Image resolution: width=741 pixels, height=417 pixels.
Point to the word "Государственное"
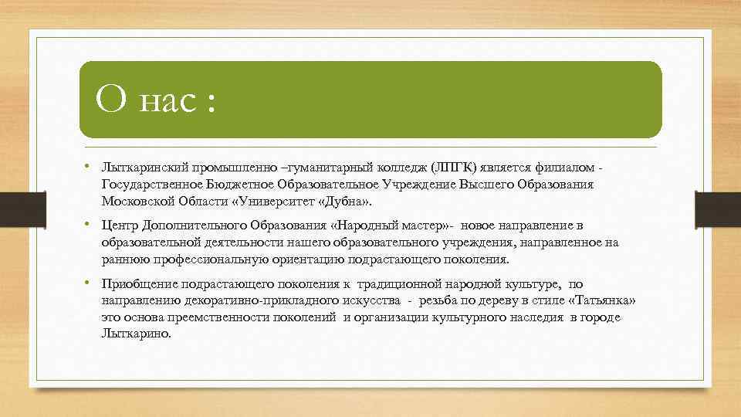coord(151,185)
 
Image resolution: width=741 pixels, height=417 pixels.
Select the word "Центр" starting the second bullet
coord(118,225)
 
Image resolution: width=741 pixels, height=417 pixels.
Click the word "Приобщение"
coord(135,283)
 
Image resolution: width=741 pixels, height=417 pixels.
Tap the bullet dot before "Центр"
coord(90,225)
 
